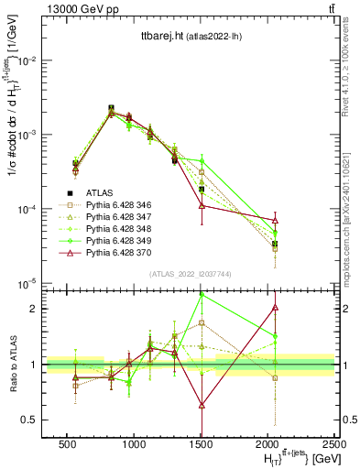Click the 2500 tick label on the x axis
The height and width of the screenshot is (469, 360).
[335, 444]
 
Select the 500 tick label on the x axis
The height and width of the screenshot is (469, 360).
[67, 444]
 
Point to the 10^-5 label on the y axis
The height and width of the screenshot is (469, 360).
[27, 283]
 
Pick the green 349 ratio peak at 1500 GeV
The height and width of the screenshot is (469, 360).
[202, 295]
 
